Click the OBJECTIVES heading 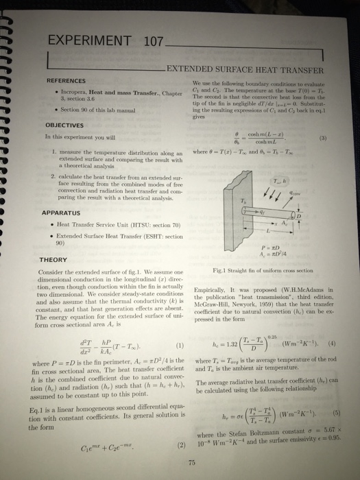[65, 125]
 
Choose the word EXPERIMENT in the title [90, 43]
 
